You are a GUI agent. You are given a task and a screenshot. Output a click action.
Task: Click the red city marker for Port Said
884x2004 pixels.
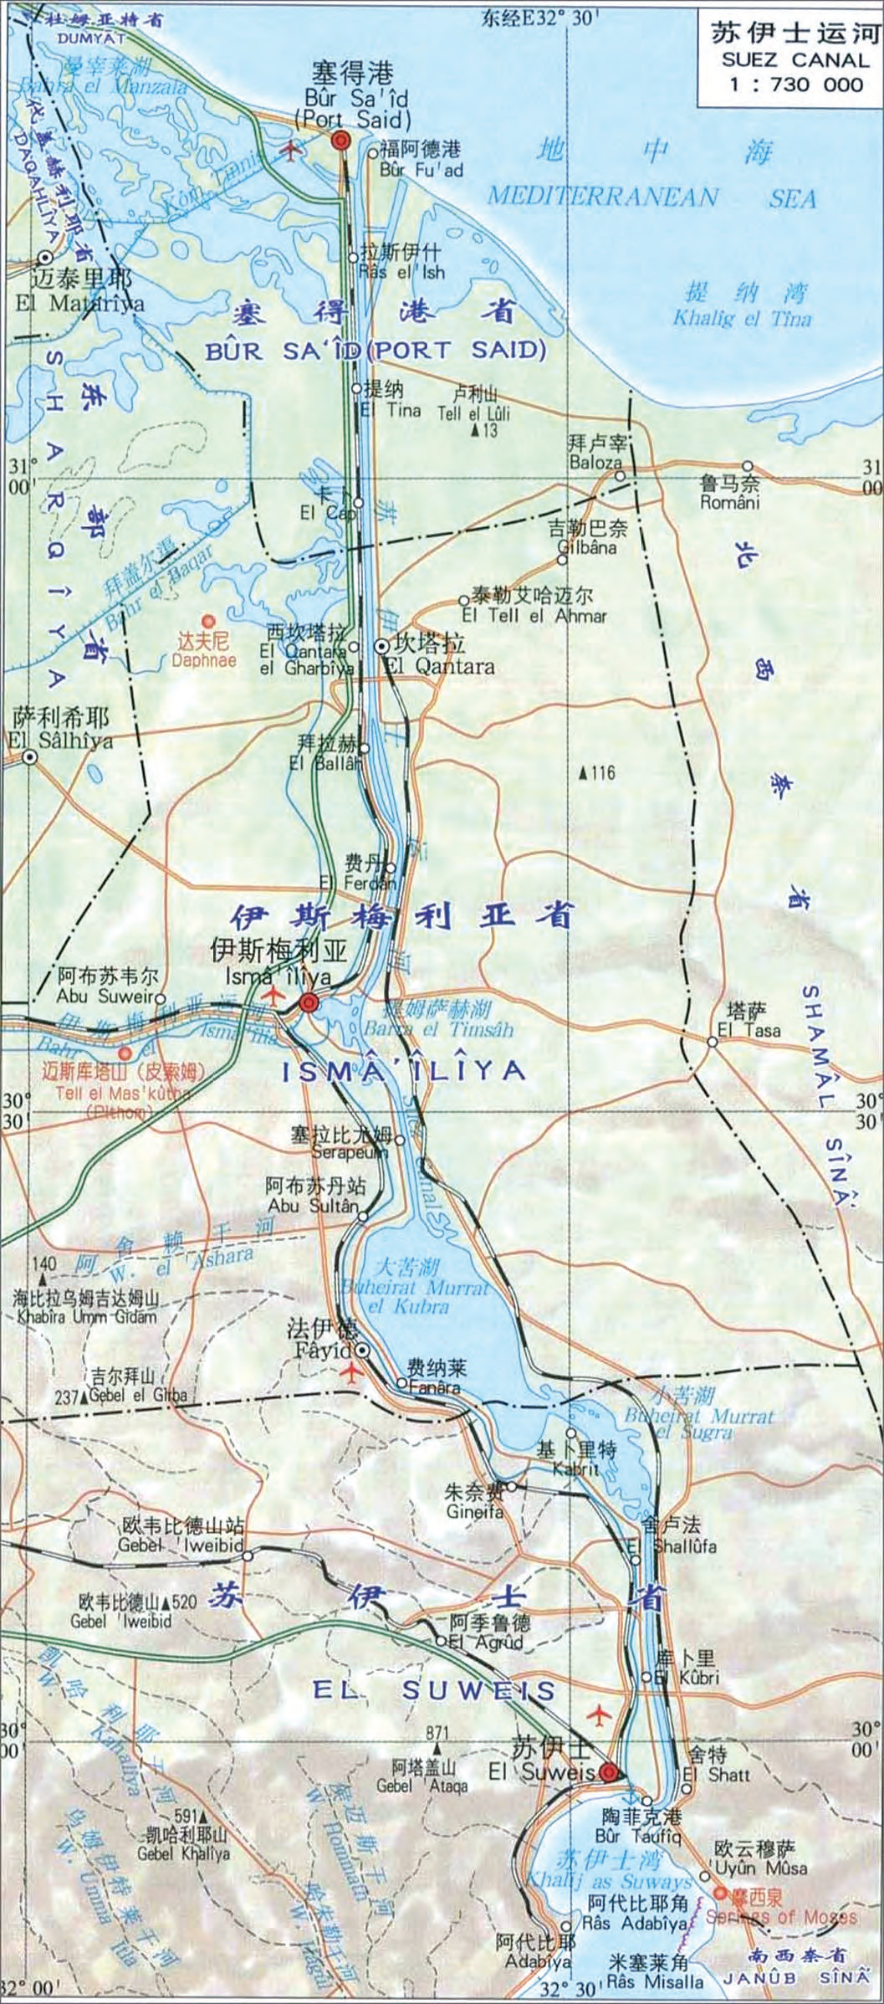[340, 141]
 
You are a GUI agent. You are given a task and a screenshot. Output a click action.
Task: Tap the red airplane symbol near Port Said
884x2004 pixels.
[291, 152]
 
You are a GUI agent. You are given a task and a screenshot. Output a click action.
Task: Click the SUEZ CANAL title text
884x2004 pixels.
[795, 59]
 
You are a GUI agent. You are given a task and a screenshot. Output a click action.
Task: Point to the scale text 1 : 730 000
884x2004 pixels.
[795, 84]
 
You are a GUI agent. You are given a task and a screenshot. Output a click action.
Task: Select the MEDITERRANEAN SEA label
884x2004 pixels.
[652, 197]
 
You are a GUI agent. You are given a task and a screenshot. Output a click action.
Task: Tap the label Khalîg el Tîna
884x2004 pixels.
[742, 319]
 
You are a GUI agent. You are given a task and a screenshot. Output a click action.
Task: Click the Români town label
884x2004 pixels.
[730, 502]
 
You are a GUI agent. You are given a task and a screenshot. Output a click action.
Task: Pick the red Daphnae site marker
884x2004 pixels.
[208, 621]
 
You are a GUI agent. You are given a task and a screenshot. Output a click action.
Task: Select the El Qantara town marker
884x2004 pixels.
[381, 645]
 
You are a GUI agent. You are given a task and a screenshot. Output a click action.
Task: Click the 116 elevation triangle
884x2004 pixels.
[584, 772]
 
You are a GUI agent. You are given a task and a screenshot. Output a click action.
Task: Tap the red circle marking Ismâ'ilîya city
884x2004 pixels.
[309, 1002]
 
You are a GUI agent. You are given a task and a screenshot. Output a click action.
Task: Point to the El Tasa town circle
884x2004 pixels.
[712, 1042]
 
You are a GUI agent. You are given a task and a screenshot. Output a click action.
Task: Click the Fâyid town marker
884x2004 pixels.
[362, 1350]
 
